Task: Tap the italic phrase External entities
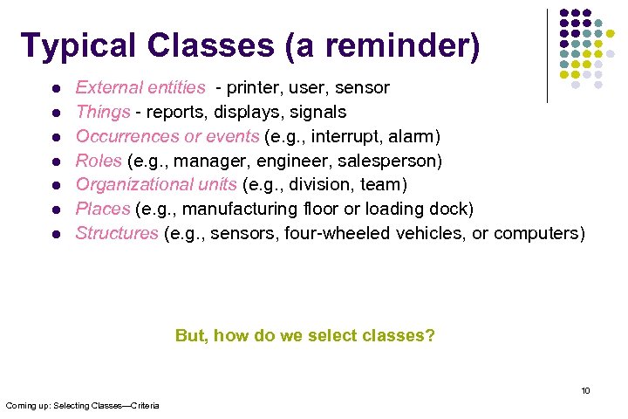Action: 140,87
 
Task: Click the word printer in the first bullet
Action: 254,87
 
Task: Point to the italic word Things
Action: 103,112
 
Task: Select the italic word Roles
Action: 99,161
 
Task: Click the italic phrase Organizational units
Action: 156,184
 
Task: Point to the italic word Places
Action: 102,209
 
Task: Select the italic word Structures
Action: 117,233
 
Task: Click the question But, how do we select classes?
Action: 305,335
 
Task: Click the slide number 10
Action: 585,390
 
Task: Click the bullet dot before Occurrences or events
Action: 55,137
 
